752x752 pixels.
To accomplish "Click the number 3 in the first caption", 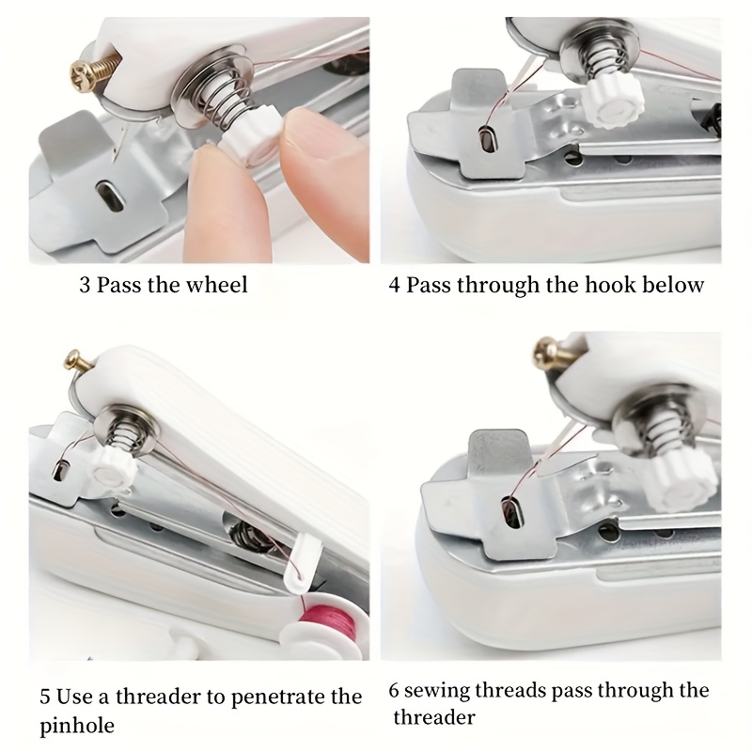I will point(86,285).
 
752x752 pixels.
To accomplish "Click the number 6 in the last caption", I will point(395,692).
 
